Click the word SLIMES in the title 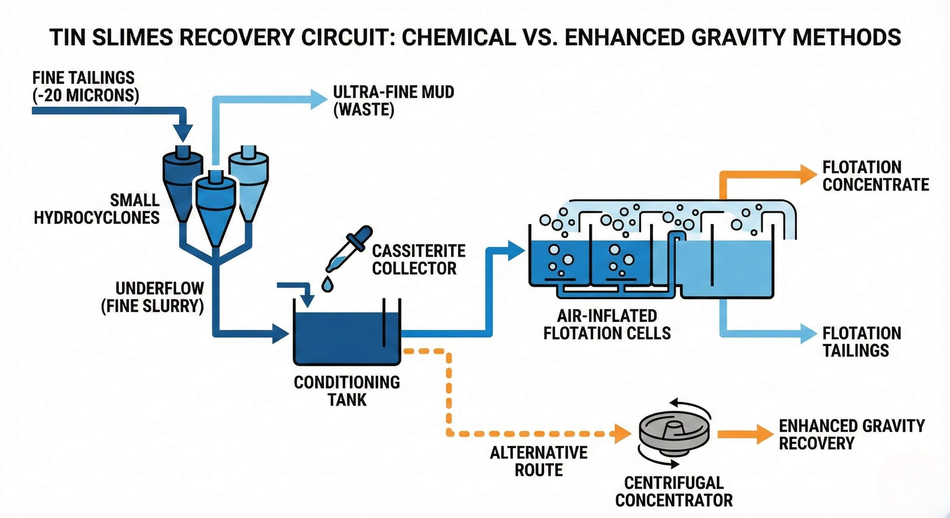click(132, 37)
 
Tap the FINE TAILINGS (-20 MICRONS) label click(85, 87)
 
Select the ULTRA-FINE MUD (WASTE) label click(393, 100)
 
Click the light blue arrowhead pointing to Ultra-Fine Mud click(318, 99)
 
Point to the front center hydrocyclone click(215, 206)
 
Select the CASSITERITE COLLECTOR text click(418, 260)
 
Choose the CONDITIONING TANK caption click(347, 391)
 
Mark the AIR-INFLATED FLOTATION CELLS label click(607, 324)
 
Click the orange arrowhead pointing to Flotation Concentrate click(808, 174)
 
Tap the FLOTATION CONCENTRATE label click(875, 176)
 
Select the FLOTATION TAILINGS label click(862, 341)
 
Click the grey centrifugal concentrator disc click(674, 435)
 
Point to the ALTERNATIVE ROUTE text click(538, 461)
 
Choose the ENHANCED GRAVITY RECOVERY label click(851, 434)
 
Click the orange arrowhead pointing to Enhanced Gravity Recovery click(764, 434)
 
